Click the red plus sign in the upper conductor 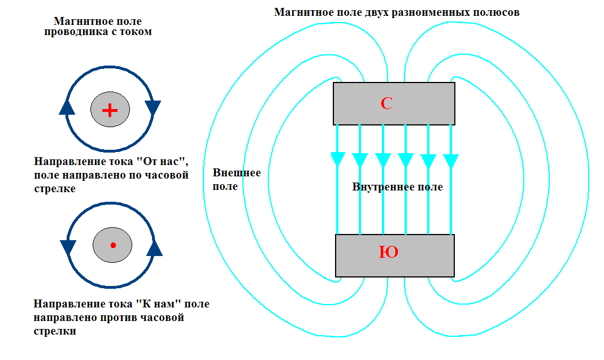(x=110, y=110)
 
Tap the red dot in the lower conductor (x=113, y=245)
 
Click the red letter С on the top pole (x=386, y=103)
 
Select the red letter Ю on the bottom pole (x=388, y=252)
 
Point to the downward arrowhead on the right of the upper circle (x=153, y=108)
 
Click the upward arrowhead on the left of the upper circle (x=67, y=107)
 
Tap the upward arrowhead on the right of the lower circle (x=154, y=248)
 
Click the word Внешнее (x=237, y=173)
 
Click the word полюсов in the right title (x=496, y=13)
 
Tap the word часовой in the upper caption (x=167, y=175)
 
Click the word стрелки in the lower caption (x=55, y=331)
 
